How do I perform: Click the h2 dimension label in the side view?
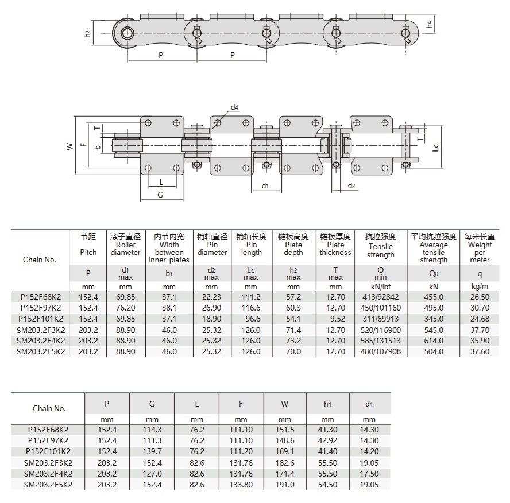click(87, 34)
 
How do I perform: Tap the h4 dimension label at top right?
click(430, 24)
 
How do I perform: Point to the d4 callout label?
click(234, 107)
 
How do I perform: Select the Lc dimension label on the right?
click(436, 147)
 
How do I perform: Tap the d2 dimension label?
click(351, 185)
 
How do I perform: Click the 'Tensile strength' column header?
click(380, 250)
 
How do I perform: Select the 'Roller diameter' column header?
click(125, 248)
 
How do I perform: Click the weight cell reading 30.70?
click(480, 308)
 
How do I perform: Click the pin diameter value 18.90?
click(211, 319)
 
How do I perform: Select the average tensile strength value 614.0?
click(433, 341)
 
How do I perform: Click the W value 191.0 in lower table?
click(285, 485)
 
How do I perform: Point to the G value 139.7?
click(152, 452)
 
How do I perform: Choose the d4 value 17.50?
click(369, 474)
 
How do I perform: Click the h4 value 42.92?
click(327, 441)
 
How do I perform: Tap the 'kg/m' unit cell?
click(480, 287)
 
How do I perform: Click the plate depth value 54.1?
click(293, 319)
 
